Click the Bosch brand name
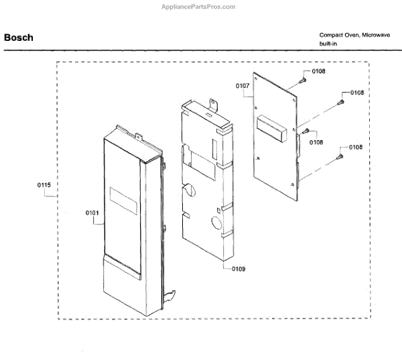[19, 38]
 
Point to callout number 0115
[44, 184]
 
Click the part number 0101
[92, 213]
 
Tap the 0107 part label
[243, 86]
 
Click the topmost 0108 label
[318, 71]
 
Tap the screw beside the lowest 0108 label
[340, 156]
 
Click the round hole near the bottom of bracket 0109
[218, 223]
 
